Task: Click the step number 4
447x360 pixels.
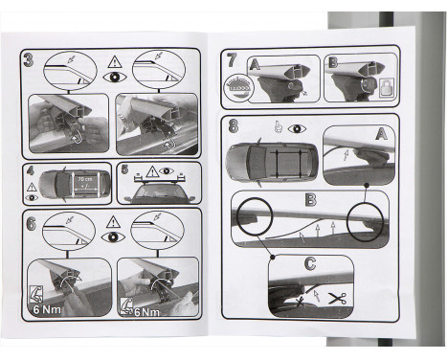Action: pyautogui.click(x=30, y=172)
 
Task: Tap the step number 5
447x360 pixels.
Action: pyautogui.click(x=124, y=171)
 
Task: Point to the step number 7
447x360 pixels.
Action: pyautogui.click(x=232, y=59)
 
